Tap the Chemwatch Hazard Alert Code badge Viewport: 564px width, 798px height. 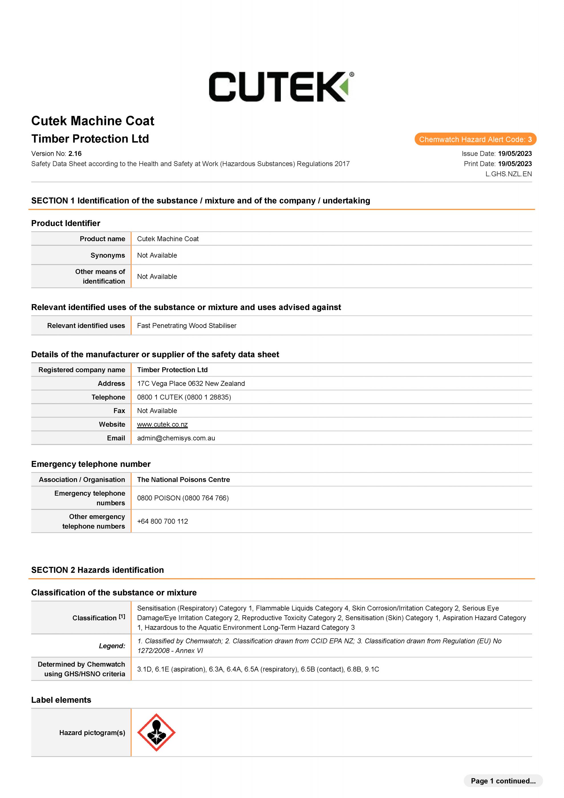pos(475,139)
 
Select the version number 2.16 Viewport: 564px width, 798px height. pos(75,154)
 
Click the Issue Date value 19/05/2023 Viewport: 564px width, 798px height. pos(515,154)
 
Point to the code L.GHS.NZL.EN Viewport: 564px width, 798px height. pos(508,174)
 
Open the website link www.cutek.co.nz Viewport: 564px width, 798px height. pos(162,424)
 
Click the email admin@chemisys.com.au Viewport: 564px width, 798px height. pos(176,438)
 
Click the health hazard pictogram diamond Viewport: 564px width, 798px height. pos(156,733)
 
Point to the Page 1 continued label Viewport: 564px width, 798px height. pos(503,781)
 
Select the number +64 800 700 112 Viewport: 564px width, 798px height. pos(162,521)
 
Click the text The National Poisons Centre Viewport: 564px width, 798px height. pos(183,480)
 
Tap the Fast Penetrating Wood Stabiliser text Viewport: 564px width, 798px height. pos(187,326)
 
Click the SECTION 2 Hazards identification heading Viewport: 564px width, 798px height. pos(97,570)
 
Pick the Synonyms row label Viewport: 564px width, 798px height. pos(107,255)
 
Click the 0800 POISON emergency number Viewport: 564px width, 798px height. pos(183,498)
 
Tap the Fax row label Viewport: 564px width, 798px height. pos(119,411)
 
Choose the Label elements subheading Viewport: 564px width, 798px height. pos(61,700)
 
